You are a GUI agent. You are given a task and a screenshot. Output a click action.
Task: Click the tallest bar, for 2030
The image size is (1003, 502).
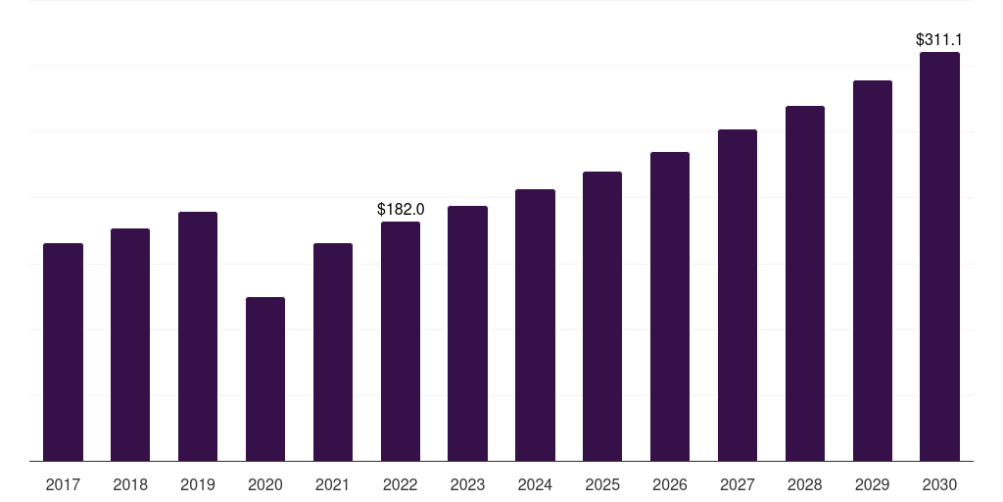point(939,256)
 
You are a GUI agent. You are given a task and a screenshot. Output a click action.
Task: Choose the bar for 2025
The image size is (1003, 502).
point(602,316)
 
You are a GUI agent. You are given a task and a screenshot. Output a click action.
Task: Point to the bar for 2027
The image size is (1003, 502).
point(738,294)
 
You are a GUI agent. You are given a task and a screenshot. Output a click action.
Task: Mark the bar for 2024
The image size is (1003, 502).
point(535,325)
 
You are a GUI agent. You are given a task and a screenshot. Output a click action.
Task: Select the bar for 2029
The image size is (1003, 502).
point(873,270)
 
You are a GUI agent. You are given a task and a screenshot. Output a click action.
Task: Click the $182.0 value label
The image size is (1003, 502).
point(401,209)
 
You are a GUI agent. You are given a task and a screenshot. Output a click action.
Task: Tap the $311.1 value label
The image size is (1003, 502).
point(939,40)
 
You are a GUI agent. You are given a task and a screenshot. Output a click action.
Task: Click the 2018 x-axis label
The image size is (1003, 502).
point(130,484)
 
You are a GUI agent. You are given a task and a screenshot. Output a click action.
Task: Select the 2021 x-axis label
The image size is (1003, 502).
point(333,484)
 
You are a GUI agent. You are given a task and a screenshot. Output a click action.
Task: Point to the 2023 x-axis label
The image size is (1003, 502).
point(467,484)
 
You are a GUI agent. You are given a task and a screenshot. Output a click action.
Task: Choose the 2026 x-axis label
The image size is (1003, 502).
point(670,484)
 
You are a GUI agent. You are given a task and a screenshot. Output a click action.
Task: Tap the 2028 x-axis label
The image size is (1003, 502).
point(805,484)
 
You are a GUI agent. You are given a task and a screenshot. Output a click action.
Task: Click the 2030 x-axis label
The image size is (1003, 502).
point(939,484)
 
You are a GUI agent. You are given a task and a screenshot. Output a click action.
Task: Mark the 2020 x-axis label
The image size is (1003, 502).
point(265,484)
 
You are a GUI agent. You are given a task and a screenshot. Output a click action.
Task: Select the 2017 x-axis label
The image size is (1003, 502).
point(63,484)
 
